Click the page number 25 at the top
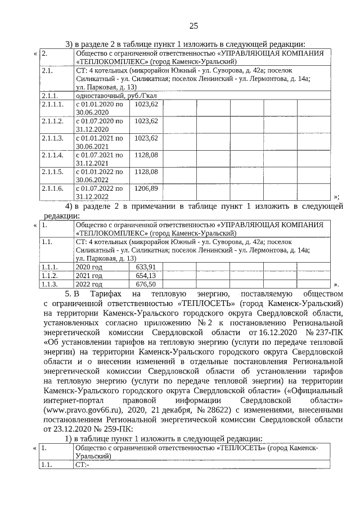pyautogui.click(x=193, y=26)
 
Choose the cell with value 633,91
pyautogui.click(x=146, y=267)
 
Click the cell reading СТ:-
pyautogui.click(x=82, y=465)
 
